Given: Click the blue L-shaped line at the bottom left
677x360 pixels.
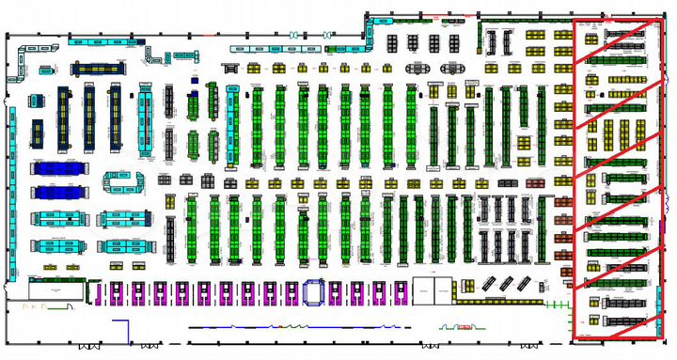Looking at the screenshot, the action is (120, 332).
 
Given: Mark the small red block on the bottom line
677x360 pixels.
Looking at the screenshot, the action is (464, 327).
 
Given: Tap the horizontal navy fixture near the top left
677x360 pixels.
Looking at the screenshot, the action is (97, 68).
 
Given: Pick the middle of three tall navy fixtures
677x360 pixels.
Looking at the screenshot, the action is (89, 117).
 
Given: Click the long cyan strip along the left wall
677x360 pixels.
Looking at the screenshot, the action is (13, 193).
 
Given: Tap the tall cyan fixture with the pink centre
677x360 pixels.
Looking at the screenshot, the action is (146, 122).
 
